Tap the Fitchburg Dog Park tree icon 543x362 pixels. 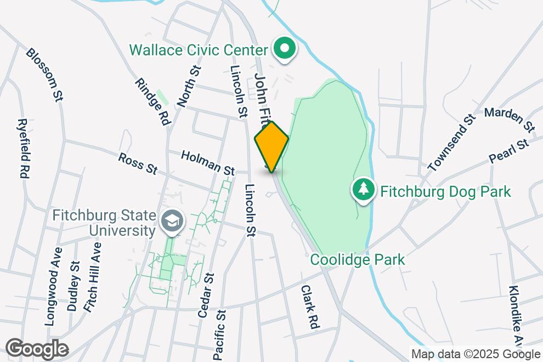coord(363,191)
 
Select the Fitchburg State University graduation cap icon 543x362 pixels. coord(173,222)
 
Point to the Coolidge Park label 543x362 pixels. coord(358,259)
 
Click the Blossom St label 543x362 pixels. coord(44,75)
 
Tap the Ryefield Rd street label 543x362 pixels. coord(23,148)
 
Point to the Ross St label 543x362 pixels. coord(138,163)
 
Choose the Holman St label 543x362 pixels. coord(208,163)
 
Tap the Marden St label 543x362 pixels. coord(510,119)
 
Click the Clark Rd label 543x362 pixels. coord(310,307)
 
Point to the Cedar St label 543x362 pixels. coord(205,295)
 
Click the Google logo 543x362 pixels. coord(37,349)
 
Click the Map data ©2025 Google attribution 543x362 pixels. coord(476,354)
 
